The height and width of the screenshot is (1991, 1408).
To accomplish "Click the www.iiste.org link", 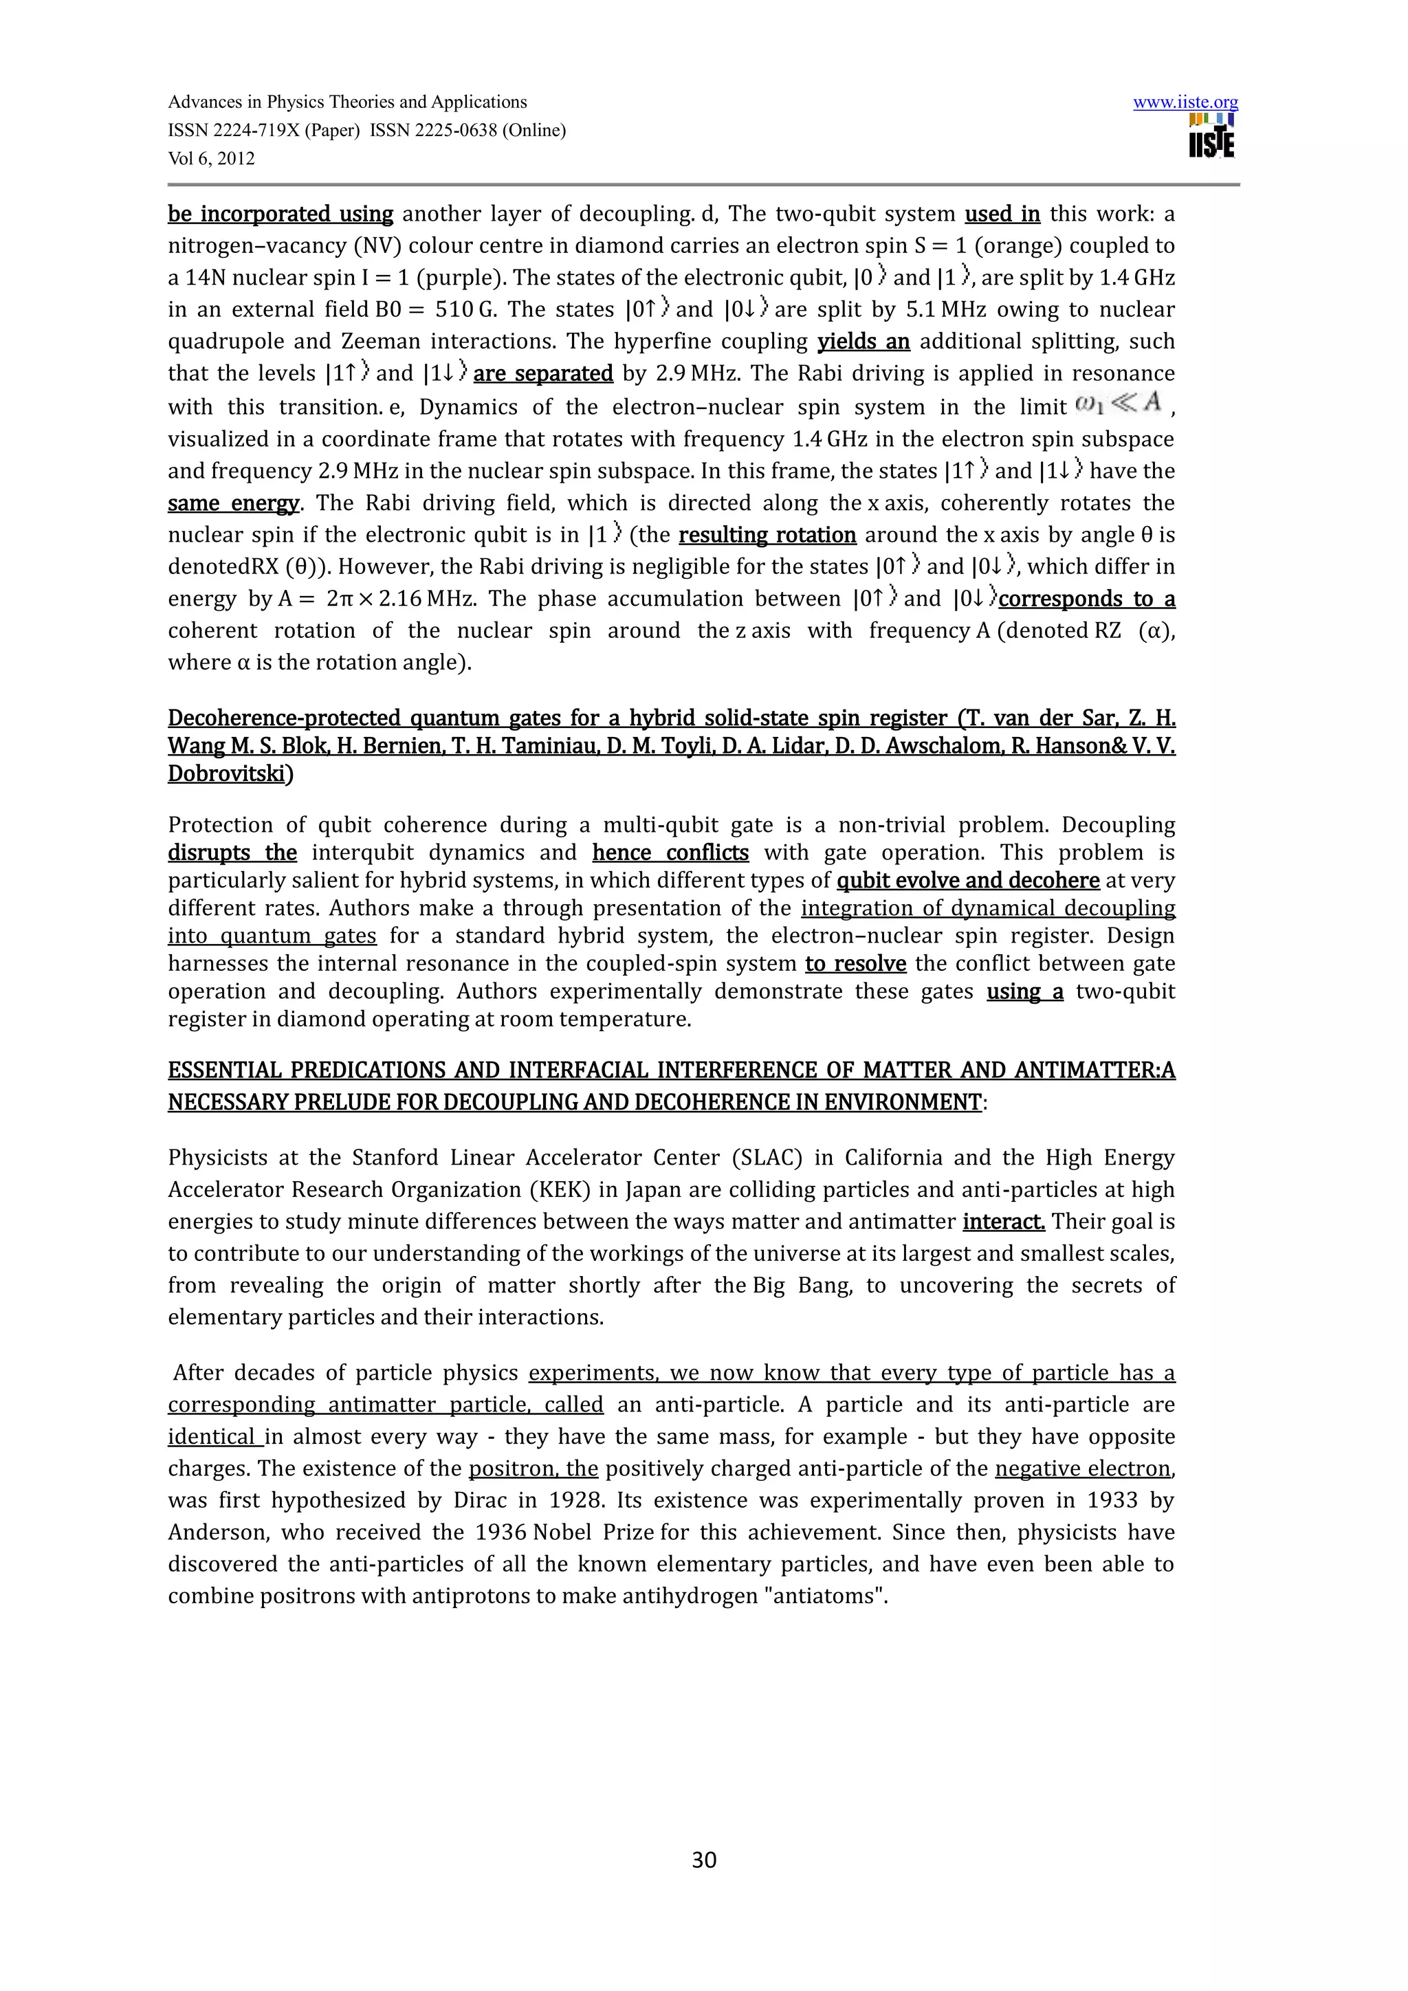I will click(1185, 102).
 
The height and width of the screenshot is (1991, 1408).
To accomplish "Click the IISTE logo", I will click(1212, 136).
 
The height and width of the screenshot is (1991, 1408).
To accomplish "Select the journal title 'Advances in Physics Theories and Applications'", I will click(346, 102).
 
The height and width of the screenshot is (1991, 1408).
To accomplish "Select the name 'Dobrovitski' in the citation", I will click(225, 773).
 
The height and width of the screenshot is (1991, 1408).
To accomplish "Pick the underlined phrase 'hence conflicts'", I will click(670, 852).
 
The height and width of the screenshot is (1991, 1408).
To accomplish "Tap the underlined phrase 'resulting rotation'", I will click(767, 535).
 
